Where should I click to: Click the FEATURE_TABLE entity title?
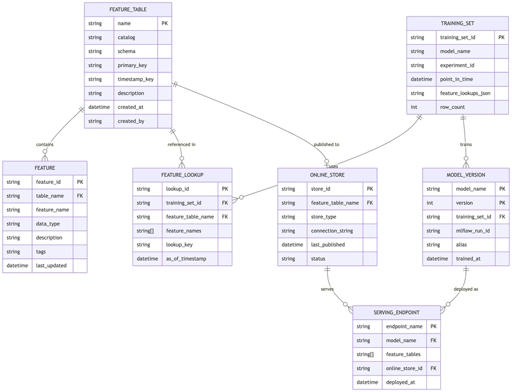coord(128,10)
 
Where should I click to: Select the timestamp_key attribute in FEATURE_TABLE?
coord(136,79)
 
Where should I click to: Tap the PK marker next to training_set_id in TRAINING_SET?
coord(501,37)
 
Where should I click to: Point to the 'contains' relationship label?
coord(45,144)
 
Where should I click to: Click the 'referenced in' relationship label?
coord(182,144)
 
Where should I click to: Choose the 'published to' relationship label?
coord(326,144)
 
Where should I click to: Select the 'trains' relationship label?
coord(466,144)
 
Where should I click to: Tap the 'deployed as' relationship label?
coord(466,289)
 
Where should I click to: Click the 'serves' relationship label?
coord(327,289)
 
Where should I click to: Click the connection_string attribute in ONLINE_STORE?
coord(332,231)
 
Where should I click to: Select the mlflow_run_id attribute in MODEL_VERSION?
coord(473,231)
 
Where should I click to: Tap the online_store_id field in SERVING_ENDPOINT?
coord(404,368)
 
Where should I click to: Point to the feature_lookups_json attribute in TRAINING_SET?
coord(465,93)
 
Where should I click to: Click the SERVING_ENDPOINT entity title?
coord(396,313)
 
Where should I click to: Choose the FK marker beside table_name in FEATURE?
coord(80,196)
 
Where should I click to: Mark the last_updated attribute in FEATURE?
coord(51,266)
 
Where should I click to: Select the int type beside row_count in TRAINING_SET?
coord(413,107)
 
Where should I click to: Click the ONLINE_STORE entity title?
coord(327,175)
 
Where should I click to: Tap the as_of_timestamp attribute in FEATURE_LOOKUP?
coord(186,259)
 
